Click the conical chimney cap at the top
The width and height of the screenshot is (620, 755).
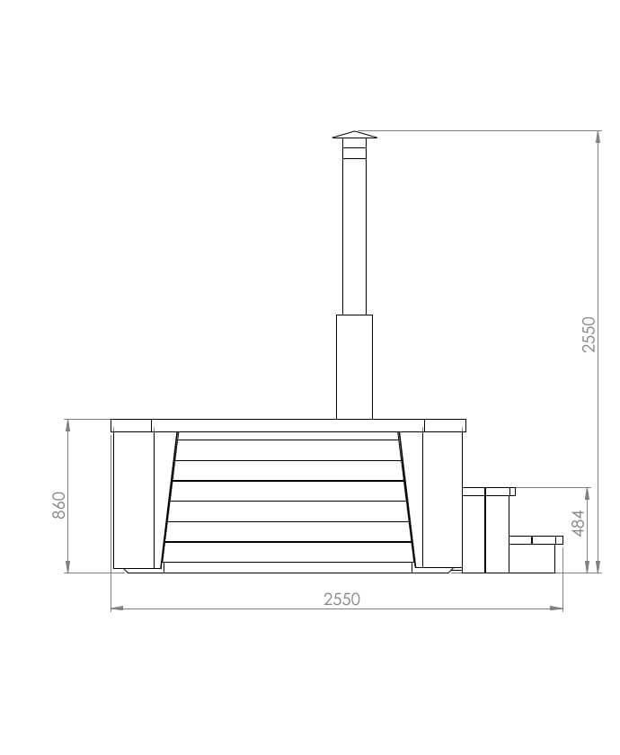pyautogui.click(x=355, y=135)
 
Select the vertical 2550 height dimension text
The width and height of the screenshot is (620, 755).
pyautogui.click(x=589, y=334)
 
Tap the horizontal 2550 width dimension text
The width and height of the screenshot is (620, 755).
pyautogui.click(x=341, y=600)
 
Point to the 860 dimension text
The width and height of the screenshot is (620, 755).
pyautogui.click(x=59, y=505)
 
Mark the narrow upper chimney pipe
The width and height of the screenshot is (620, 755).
pyautogui.click(x=355, y=234)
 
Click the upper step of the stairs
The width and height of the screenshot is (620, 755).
pyautogui.click(x=488, y=492)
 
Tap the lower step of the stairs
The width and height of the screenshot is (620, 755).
pyautogui.click(x=536, y=540)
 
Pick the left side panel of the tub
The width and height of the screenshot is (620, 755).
pyautogui.click(x=133, y=500)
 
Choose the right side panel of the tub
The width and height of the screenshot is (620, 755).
pyautogui.click(x=441, y=500)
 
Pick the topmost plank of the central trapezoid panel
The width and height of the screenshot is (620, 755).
pyautogui.click(x=288, y=436)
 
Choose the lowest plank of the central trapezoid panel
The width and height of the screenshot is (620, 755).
pyautogui.click(x=288, y=553)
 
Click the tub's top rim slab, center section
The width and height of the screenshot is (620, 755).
pyautogui.click(x=288, y=425)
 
